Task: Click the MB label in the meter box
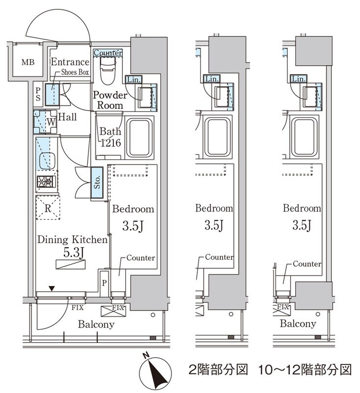click(25, 62)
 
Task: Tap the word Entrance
click(70, 62)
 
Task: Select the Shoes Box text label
click(75, 72)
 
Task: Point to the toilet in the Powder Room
click(106, 72)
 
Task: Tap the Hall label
click(66, 117)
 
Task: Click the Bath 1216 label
click(111, 137)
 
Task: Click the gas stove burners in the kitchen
click(46, 182)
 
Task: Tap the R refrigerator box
click(47, 206)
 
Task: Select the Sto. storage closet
click(97, 183)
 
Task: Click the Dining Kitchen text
click(72, 240)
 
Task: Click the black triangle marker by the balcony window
click(51, 289)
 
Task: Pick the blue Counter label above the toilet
click(107, 53)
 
